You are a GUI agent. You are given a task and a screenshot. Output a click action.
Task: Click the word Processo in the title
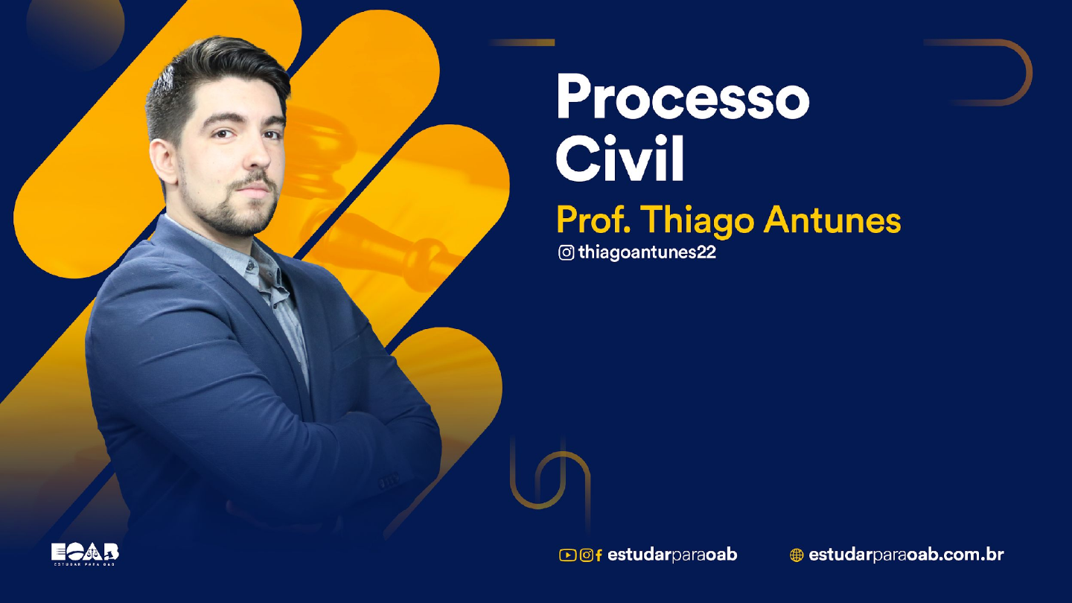tap(683, 96)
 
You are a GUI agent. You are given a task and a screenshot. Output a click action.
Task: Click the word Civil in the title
tap(619, 158)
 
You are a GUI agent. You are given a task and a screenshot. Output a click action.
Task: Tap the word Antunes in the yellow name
tap(832, 220)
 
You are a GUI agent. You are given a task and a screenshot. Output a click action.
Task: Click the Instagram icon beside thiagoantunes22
tap(566, 252)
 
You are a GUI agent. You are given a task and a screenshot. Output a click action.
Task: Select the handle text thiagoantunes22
tap(647, 252)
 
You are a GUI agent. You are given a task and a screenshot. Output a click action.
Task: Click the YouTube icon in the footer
tap(567, 555)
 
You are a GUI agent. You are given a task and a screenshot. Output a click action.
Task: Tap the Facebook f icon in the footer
tap(599, 555)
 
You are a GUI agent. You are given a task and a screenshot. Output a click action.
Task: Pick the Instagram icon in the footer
tap(587, 555)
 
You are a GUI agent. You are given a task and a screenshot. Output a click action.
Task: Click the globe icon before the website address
tap(797, 555)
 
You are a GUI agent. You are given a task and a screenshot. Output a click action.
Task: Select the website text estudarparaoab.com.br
tap(906, 555)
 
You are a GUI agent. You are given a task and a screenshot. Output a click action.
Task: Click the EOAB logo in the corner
tap(85, 554)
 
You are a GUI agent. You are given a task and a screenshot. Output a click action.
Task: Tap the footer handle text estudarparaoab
tap(672, 555)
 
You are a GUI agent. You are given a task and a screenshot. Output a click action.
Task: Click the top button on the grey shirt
tap(249, 265)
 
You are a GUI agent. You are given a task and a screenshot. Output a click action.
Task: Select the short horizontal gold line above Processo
tap(522, 42)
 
